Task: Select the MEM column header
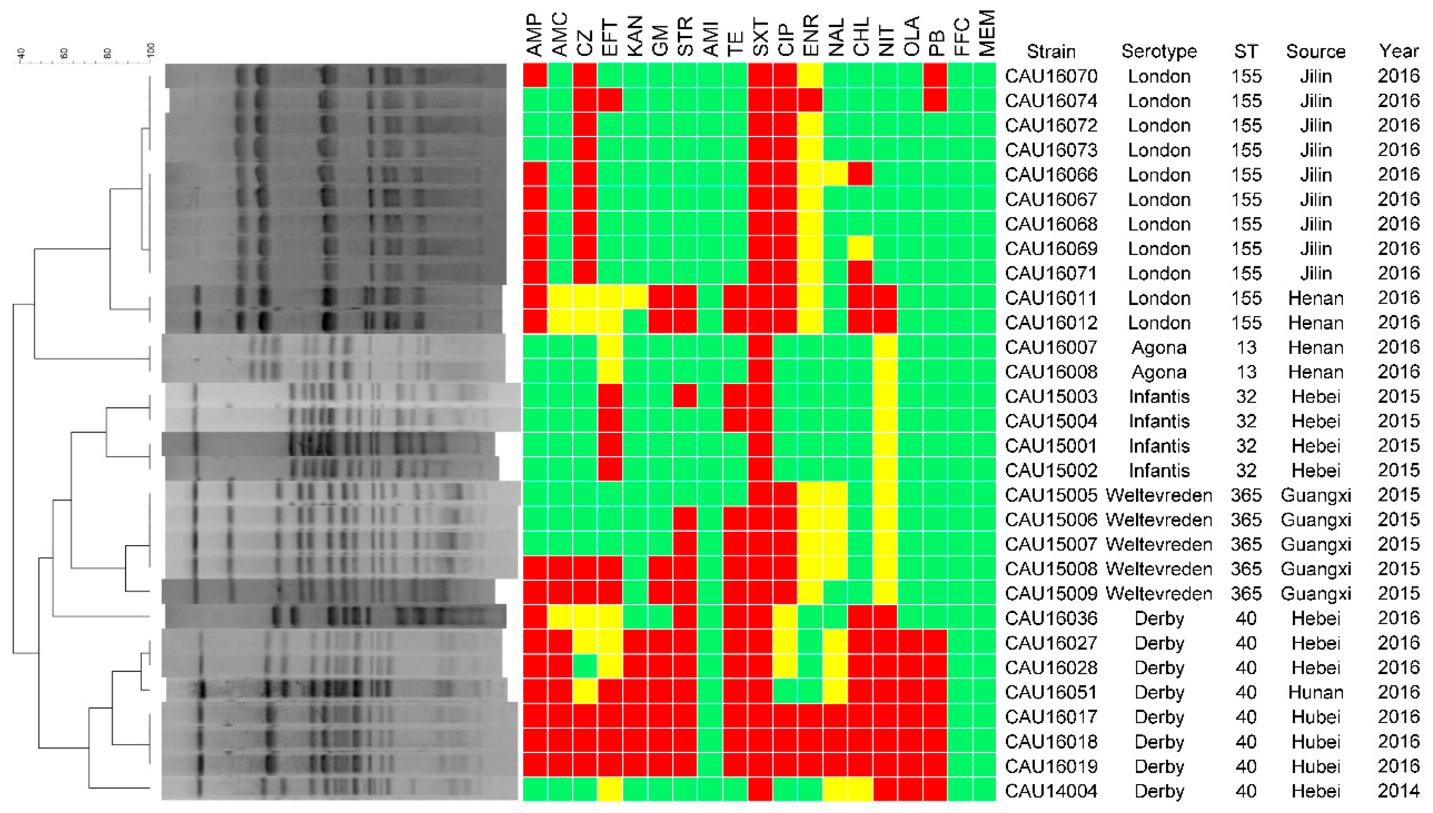click(987, 33)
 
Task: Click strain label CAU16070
click(1051, 76)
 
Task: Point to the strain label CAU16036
click(1051, 618)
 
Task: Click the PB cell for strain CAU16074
click(935, 100)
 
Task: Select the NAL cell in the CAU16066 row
click(835, 174)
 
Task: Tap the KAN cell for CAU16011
click(635, 298)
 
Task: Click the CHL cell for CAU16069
click(860, 248)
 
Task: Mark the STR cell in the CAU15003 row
click(685, 396)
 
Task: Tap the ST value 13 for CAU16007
click(1246, 347)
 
